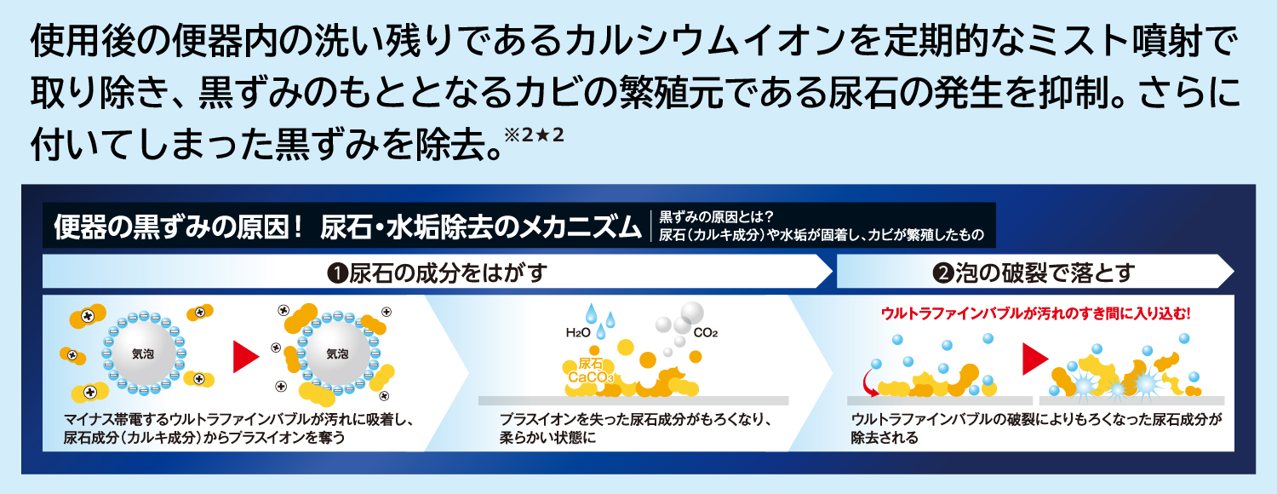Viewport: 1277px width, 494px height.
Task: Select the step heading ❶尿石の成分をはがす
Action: (435, 273)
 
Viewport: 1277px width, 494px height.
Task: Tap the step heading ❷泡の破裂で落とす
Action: (1034, 273)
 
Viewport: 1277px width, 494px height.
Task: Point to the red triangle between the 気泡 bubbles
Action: (245, 357)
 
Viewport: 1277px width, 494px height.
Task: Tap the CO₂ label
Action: (706, 333)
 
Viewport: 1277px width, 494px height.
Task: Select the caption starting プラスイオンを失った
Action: (635, 428)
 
